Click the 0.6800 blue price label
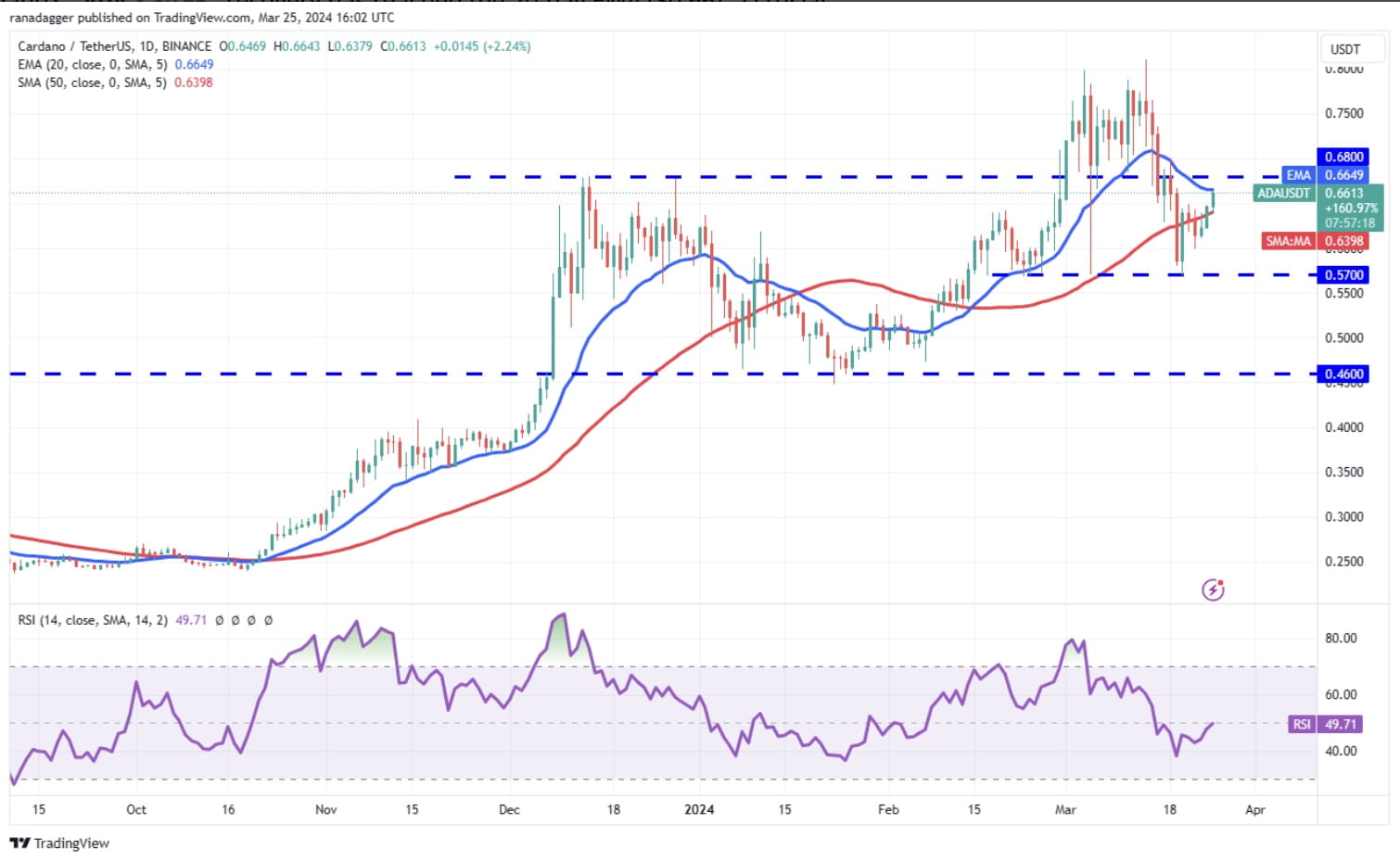coord(1343,157)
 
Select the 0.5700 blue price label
coord(1343,275)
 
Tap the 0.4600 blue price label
coord(1343,374)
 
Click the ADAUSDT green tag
coord(1283,194)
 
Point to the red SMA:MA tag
coord(1289,241)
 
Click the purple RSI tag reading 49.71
coord(1326,725)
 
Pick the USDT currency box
coord(1345,49)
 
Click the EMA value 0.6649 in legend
coord(194,65)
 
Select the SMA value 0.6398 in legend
coord(194,82)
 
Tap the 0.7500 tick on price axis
coord(1343,114)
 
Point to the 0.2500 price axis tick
coord(1343,562)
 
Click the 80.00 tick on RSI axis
coord(1341,639)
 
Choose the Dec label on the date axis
coord(509,810)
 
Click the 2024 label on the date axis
coord(699,810)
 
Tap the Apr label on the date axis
coord(1254,810)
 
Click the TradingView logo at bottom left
coord(59,843)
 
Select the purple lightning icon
coord(1213,589)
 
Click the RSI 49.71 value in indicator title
coord(191,620)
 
